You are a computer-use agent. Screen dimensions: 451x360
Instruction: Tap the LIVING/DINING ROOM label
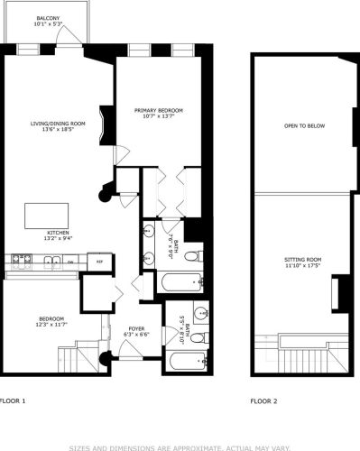pyautogui.click(x=57, y=124)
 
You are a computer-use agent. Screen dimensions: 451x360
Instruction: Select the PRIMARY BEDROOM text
pyautogui.click(x=159, y=111)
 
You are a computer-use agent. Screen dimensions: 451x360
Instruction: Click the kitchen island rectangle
pyautogui.click(x=45, y=216)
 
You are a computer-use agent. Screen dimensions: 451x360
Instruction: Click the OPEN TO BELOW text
pyautogui.click(x=303, y=125)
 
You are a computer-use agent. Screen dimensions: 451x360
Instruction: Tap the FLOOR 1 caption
pyautogui.click(x=13, y=399)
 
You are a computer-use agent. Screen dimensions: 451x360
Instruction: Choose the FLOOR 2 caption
pyautogui.click(x=263, y=399)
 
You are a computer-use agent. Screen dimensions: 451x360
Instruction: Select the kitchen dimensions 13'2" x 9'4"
pyautogui.click(x=58, y=238)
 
